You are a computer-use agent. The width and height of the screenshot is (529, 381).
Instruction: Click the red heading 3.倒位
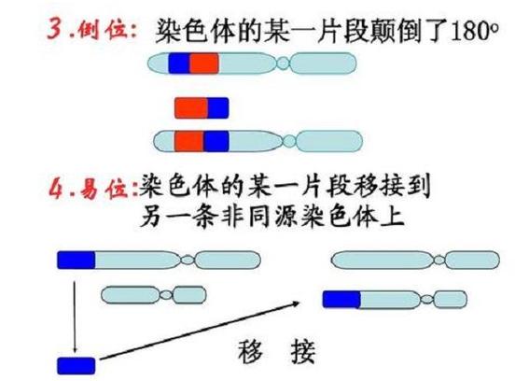[91, 30]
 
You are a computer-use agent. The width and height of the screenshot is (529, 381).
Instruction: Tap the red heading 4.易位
[92, 189]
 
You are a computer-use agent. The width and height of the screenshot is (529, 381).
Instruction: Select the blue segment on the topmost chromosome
[179, 63]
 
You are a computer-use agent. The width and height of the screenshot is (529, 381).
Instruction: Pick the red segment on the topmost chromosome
[203, 63]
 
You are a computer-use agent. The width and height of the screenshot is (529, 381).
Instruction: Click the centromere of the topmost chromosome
[283, 63]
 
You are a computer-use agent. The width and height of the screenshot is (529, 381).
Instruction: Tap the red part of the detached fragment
[191, 108]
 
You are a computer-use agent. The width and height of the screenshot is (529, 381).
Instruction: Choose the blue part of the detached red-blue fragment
[218, 108]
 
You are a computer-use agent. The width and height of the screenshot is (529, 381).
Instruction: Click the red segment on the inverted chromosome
[188, 141]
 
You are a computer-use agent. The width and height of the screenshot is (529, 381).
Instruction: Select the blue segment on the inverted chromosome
[216, 141]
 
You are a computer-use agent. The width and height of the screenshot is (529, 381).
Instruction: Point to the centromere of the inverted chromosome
[289, 141]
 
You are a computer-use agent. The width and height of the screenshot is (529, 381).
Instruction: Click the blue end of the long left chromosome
[76, 261]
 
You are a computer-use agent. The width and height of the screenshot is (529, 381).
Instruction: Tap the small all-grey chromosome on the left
[154, 295]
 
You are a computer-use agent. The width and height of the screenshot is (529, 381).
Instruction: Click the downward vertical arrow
[75, 317]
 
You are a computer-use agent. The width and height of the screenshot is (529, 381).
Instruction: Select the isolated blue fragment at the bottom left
[77, 366]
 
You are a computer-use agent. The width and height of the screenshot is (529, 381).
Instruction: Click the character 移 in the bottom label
[250, 351]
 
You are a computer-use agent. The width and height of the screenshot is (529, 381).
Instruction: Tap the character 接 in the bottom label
[302, 351]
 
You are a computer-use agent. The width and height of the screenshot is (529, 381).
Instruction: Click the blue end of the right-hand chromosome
[341, 300]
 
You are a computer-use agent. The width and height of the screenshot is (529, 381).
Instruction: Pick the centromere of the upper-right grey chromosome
[439, 261]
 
